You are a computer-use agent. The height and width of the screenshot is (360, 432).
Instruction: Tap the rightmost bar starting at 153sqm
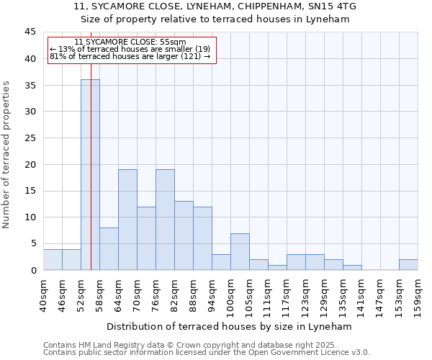point(408,264)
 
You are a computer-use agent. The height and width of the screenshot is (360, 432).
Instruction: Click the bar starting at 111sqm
point(277,267)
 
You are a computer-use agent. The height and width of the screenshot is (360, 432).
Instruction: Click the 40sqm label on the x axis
point(43,292)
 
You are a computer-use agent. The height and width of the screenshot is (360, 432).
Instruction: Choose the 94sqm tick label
point(212,292)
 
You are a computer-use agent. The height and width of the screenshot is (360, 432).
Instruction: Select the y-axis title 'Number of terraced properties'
point(6,155)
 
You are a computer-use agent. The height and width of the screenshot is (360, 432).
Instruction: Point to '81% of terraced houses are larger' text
point(130,56)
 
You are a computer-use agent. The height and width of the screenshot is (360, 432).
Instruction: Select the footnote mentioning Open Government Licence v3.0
point(206,352)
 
